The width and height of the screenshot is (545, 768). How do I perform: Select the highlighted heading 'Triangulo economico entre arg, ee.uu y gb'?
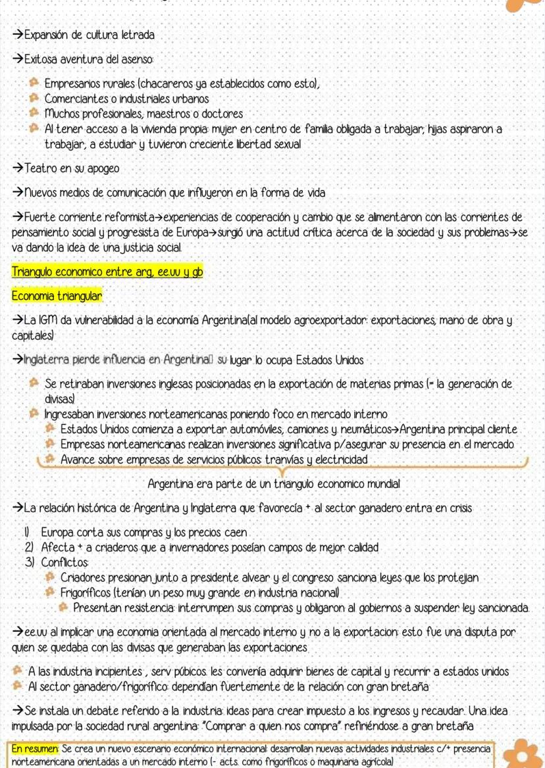click(107, 272)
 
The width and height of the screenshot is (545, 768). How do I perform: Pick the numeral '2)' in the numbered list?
click(29, 547)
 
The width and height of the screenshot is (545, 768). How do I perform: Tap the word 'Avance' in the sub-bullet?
click(77, 459)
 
